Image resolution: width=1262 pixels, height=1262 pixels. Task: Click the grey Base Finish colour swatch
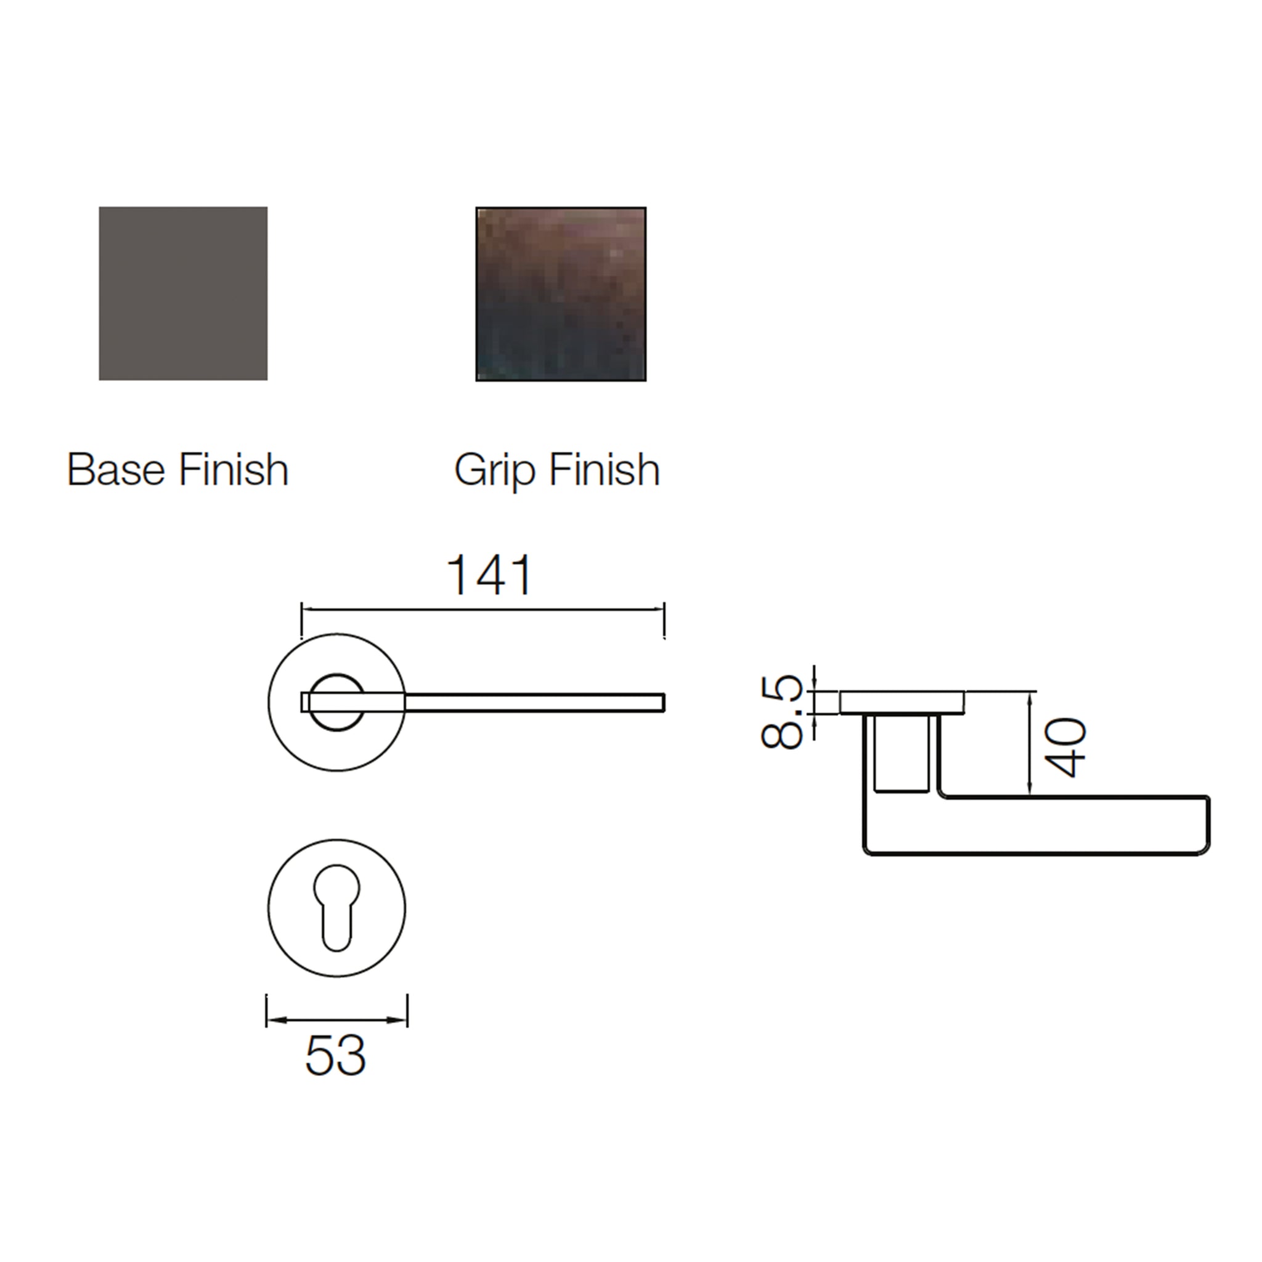(x=183, y=293)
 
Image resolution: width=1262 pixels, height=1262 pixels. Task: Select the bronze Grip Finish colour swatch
(x=561, y=294)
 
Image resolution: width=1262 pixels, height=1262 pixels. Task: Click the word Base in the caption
(x=116, y=469)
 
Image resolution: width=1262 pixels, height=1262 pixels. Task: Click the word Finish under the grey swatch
(x=233, y=469)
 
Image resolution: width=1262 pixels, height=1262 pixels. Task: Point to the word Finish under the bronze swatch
(x=605, y=469)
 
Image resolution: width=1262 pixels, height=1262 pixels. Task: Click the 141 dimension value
(x=490, y=576)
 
